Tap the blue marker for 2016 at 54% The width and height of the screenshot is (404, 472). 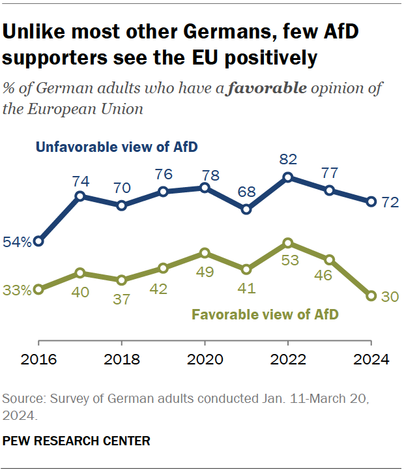pos(38,241)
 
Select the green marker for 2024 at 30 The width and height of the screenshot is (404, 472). pos(371,296)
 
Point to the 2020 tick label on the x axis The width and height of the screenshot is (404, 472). pos(205,359)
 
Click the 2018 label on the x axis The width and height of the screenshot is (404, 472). pos(121,359)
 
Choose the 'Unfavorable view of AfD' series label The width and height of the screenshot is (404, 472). pos(117,147)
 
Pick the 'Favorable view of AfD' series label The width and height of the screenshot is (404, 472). pos(265,315)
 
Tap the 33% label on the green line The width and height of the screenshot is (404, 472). pos(16,290)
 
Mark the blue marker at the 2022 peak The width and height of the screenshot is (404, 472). pos(287,177)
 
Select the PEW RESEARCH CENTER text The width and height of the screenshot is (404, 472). pos(76,441)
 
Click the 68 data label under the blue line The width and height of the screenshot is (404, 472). pos(246,193)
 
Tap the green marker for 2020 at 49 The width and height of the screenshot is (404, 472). pos(205,252)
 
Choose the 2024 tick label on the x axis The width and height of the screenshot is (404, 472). pos(371,359)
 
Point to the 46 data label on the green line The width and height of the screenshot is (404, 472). pos(330,276)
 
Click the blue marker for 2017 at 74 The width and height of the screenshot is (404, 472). pos(79,196)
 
